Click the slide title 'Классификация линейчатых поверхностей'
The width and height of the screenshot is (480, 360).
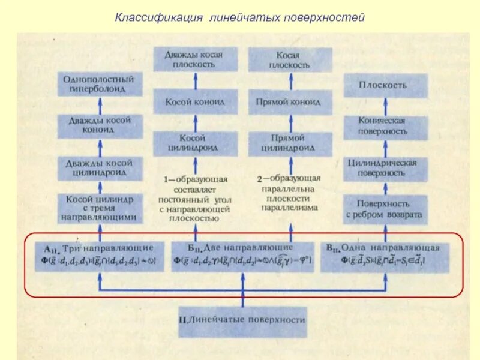click(x=240, y=19)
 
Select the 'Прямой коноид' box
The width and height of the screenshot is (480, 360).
click(x=290, y=102)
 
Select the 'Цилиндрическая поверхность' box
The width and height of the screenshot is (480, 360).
click(x=384, y=167)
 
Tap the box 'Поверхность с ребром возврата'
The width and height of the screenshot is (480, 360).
click(x=384, y=208)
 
